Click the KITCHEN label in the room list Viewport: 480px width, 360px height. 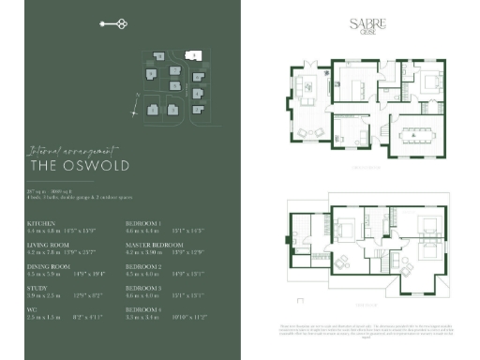(41, 224)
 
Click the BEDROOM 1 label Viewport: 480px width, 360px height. (143, 224)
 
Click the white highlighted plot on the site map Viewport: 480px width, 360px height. (192, 57)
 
